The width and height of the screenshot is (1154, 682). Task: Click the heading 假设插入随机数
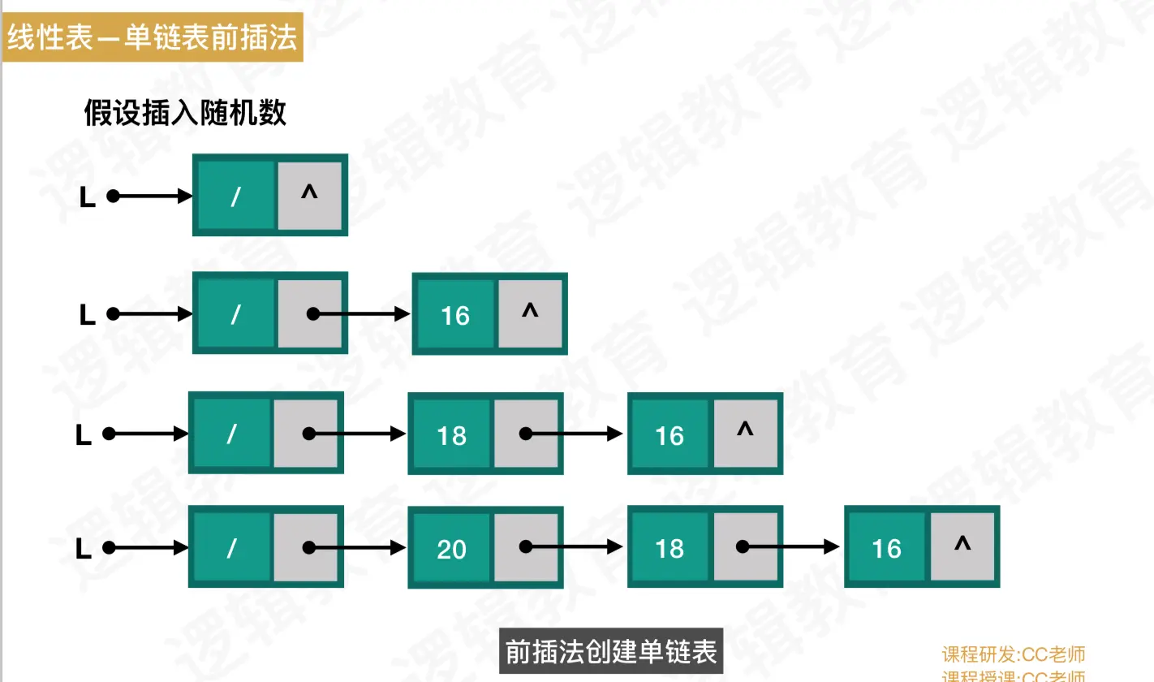185,113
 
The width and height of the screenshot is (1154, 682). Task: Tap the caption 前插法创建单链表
610,652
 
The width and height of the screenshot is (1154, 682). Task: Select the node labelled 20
451,550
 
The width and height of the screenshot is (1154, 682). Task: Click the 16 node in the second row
454,315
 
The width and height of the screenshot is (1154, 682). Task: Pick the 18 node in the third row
451,436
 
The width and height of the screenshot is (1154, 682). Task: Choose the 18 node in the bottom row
670,550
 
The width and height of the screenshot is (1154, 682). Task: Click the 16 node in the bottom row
886,550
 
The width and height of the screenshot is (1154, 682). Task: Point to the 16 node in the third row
670,436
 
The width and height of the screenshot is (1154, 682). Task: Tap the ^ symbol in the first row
309,193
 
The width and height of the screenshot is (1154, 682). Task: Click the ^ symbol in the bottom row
962,546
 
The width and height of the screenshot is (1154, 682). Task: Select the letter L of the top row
88,197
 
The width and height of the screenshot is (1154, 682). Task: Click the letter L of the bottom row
83,550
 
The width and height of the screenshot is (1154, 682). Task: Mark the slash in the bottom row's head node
231,550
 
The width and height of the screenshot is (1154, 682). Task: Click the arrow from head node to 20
357,548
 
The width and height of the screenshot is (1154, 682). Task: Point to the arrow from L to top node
153,196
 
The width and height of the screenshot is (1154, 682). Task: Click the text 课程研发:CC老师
1013,654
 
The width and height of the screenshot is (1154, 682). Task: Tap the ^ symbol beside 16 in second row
530,312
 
